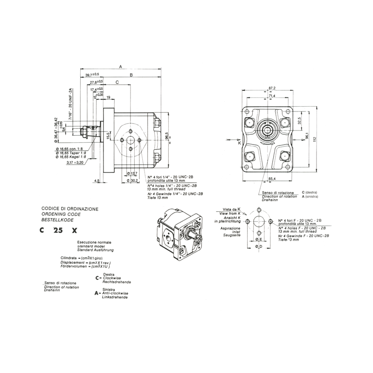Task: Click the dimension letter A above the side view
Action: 120,66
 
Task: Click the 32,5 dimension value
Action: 300,120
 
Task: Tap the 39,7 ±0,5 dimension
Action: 92,75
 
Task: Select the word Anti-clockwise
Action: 113,293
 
